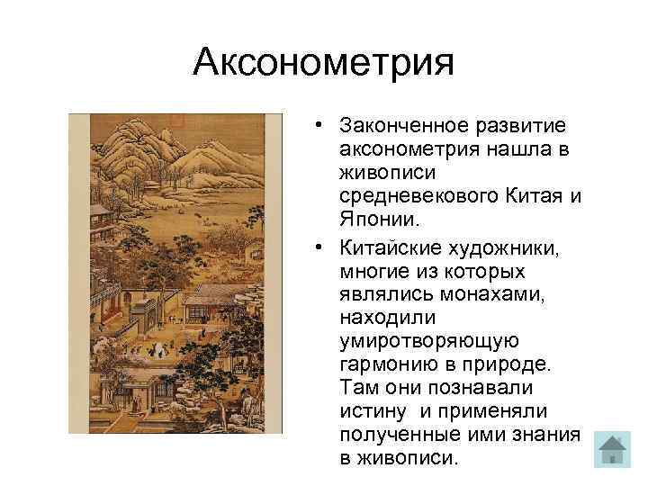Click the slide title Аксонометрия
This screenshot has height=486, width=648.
[x=324, y=64]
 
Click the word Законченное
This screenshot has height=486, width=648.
[x=400, y=123]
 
